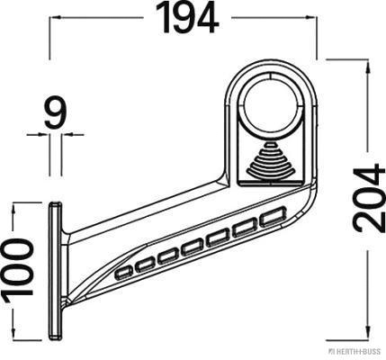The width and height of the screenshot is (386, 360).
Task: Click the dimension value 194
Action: pos(187,18)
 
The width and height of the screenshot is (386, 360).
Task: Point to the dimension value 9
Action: pos(55,112)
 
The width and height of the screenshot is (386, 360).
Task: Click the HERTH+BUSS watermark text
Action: pos(355,351)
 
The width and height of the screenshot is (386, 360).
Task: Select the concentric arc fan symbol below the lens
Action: pos(271,159)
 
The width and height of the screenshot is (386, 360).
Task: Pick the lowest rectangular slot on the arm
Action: pos(124,273)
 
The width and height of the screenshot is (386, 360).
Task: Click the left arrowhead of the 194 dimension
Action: pos(54,18)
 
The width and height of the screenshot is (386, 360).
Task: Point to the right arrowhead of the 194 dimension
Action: pos(311,18)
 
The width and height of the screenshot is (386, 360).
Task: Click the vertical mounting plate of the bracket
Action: pos(56,271)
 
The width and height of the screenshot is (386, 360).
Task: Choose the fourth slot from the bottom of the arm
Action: pos(193,248)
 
